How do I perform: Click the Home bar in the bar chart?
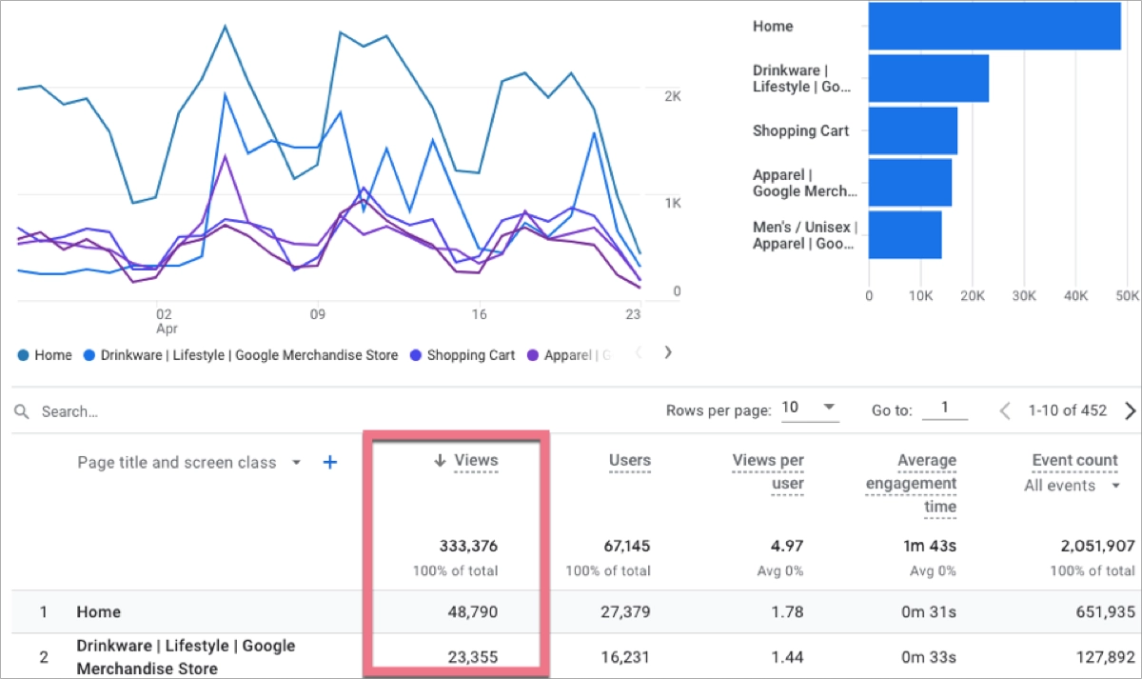[994, 26]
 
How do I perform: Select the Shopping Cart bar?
[913, 130]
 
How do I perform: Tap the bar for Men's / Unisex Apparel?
[905, 235]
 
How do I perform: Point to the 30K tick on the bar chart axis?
[1024, 296]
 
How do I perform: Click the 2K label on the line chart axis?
[673, 96]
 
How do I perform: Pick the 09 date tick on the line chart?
[318, 313]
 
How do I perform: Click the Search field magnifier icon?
[22, 411]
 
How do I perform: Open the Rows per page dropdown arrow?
[829, 408]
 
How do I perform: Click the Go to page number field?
[944, 409]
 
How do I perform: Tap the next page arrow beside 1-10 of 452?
[1131, 411]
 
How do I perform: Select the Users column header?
[629, 461]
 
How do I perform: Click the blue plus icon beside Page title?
[330, 463]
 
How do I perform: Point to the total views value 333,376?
[468, 547]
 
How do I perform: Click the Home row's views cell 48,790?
[472, 611]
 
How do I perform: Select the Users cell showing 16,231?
[625, 656]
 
